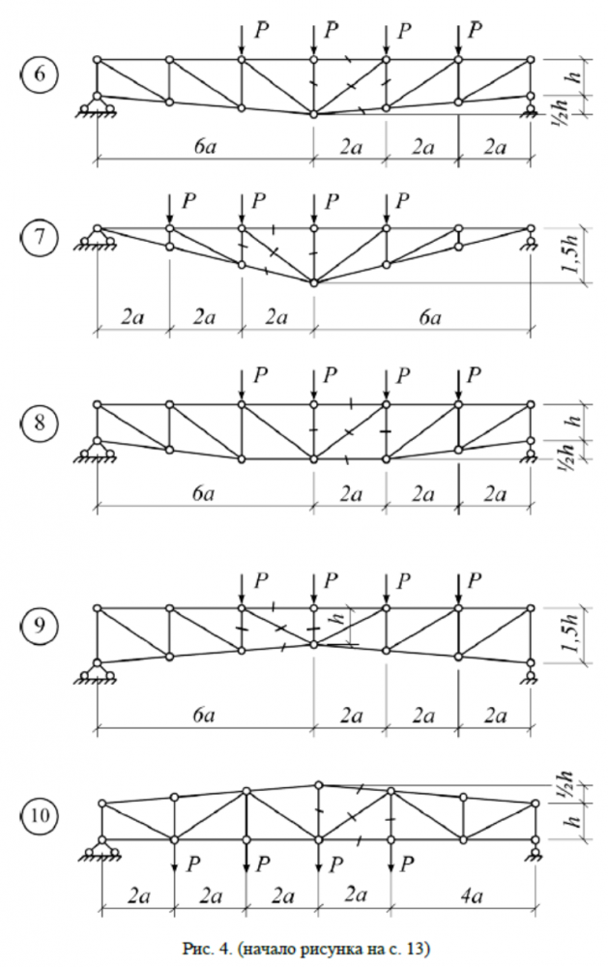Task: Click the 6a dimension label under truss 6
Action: (x=202, y=145)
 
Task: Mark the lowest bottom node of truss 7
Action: (x=313, y=282)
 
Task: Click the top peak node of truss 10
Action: (x=318, y=784)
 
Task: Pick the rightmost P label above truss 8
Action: (x=475, y=373)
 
